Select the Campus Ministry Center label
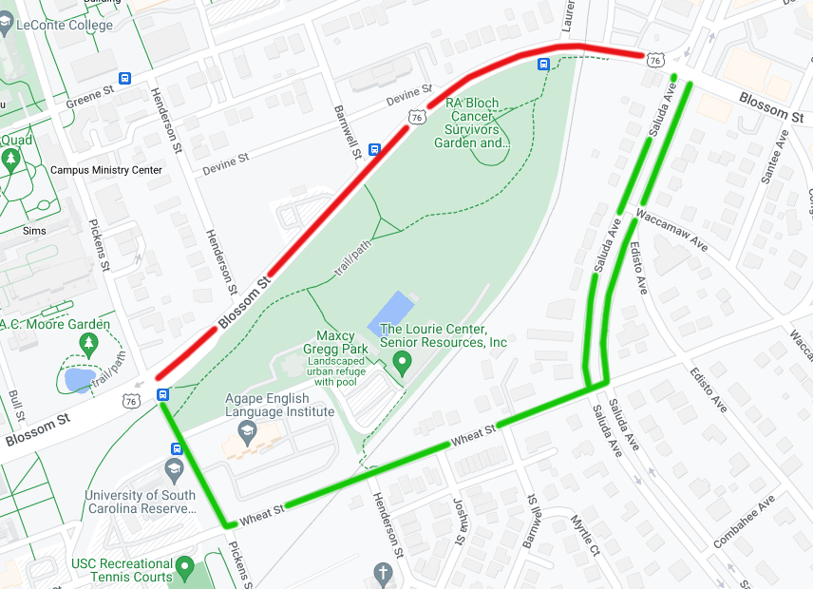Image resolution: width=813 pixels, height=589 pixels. point(106,170)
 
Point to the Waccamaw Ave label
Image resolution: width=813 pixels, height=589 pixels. point(672,229)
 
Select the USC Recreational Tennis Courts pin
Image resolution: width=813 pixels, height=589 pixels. point(186,570)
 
